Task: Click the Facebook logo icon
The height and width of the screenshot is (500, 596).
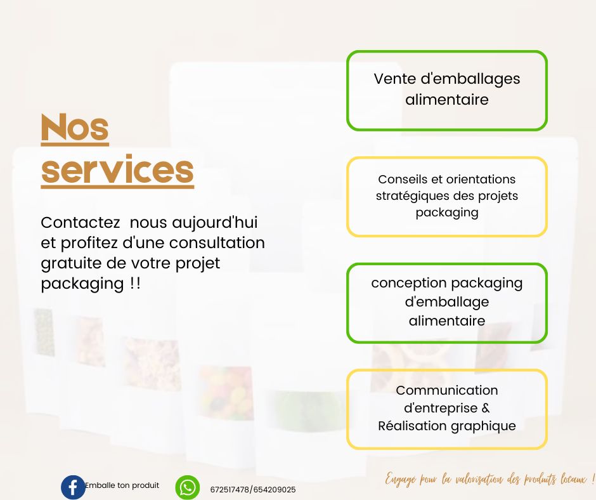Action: click(73, 487)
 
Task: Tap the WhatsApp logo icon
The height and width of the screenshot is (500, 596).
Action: click(188, 487)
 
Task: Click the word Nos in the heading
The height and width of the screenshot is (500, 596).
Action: click(75, 128)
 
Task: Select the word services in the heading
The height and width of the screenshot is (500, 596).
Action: click(117, 169)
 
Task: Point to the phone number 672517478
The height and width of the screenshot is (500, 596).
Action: click(230, 490)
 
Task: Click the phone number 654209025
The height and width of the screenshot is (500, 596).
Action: click(275, 490)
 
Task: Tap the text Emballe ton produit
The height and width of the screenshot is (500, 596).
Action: click(122, 485)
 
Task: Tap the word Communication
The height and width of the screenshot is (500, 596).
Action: click(447, 390)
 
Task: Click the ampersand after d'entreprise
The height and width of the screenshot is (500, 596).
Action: click(486, 407)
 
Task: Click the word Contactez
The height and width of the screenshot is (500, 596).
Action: click(80, 223)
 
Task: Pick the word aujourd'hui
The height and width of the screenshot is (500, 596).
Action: click(215, 223)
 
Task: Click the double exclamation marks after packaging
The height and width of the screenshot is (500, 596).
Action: click(135, 284)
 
